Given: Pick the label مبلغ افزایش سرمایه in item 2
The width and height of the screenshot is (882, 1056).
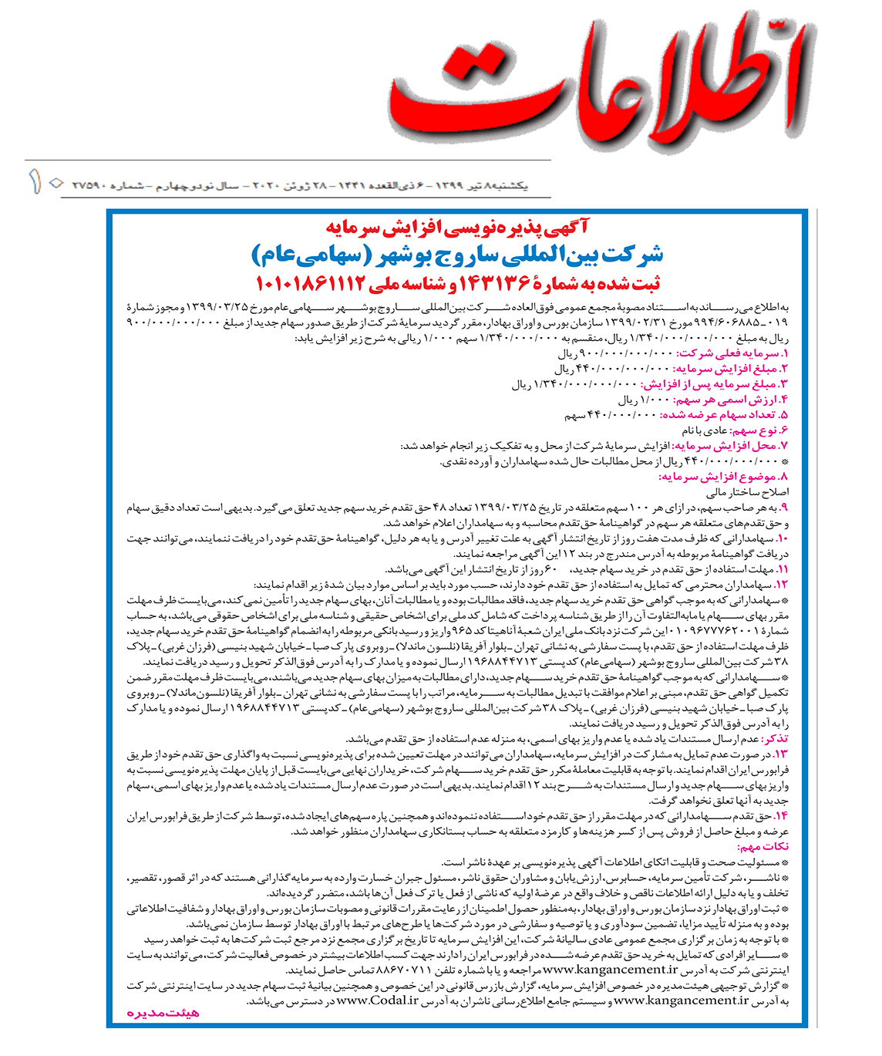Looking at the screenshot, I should (x=729, y=369).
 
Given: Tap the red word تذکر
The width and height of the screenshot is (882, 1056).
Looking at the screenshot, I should (x=774, y=738).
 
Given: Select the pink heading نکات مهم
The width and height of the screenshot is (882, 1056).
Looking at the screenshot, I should (x=763, y=846).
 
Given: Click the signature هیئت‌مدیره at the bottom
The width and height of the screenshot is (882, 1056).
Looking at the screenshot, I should (x=163, y=1013).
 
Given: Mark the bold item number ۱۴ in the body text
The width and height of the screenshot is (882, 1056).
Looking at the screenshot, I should (x=782, y=815).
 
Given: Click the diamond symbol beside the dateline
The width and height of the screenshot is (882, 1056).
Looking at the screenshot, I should (x=55, y=184).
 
